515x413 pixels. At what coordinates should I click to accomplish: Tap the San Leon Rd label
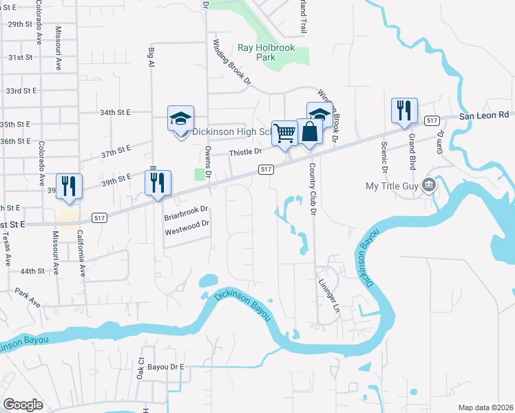484,115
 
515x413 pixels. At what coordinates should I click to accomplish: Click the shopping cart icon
284,132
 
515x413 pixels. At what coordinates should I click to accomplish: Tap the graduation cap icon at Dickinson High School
180,118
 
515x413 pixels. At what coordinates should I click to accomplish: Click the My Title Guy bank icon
429,186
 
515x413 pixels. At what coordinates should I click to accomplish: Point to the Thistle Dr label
246,152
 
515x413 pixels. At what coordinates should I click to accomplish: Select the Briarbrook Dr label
186,213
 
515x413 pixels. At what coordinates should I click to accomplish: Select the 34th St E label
115,112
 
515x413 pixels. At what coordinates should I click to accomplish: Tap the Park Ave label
28,297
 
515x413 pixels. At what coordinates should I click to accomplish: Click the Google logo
23,405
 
